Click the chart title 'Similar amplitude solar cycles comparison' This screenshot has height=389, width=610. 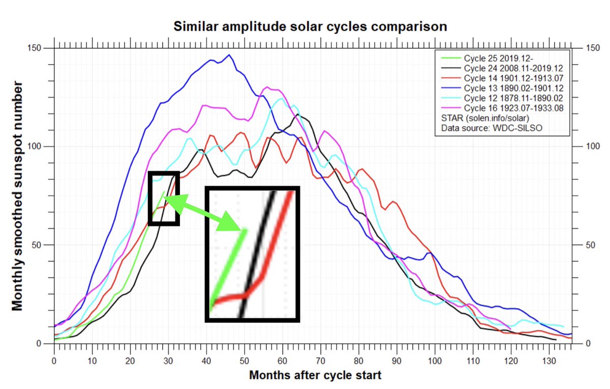click(x=310, y=26)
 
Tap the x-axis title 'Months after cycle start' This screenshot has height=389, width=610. click(x=315, y=376)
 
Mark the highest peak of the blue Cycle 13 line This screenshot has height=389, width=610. click(x=229, y=55)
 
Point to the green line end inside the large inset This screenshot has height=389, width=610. click(x=245, y=230)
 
